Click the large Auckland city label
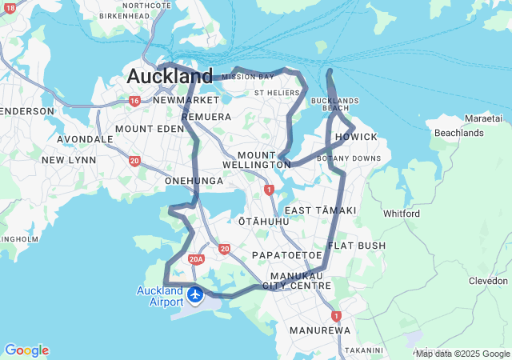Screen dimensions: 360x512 pos(170,77)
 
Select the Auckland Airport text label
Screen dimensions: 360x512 pos(160,296)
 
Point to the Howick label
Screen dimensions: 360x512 pos(356,137)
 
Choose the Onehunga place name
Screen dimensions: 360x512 pos(194,181)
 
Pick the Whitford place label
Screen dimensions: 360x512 pos(402,214)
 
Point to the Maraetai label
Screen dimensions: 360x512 pos(483,118)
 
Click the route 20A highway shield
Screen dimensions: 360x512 pos(197,259)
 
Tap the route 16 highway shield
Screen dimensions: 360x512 pos(134,101)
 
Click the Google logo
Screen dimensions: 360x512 pos(26,350)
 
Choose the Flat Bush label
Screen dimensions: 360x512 pos(357,245)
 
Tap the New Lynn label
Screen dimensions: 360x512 pos(69,160)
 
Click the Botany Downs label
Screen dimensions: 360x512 pos(349,158)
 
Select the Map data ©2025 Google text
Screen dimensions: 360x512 pos(462,354)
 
